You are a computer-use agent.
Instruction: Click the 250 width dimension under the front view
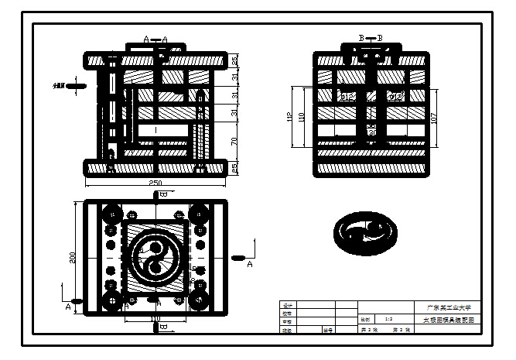pos(156,183)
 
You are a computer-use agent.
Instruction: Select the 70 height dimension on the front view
pos(234,141)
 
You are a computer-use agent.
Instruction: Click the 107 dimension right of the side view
pos(434,119)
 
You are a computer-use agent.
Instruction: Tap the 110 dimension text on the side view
pos(302,117)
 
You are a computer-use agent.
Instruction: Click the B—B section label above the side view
pos(371,38)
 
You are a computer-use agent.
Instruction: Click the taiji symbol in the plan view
pos(155,257)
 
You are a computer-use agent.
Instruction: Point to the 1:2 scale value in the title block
pos(388,319)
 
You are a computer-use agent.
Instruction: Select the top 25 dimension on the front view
pos(234,60)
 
